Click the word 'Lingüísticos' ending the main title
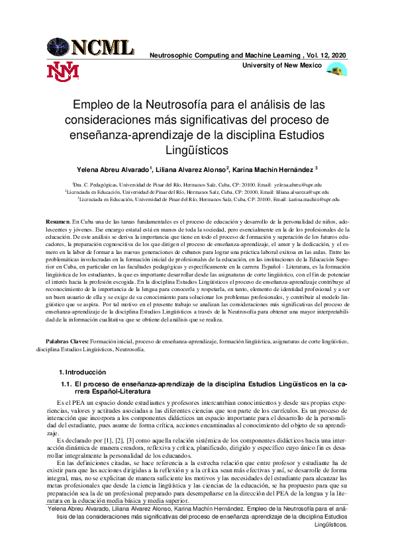pyautogui.click(x=197, y=151)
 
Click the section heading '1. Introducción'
pyautogui.click(x=83, y=372)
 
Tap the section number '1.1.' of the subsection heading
pyautogui.click(x=66, y=384)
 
